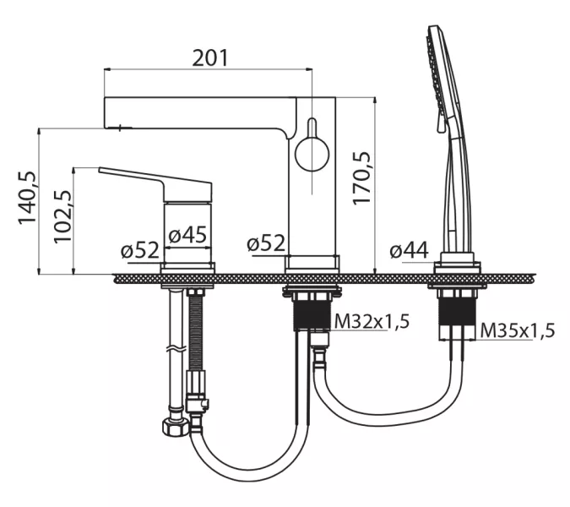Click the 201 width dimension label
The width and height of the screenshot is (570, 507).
(x=209, y=57)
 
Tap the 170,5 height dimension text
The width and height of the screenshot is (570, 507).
(x=362, y=177)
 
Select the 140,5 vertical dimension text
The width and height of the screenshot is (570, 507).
(x=28, y=198)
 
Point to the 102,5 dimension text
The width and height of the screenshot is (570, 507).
(x=62, y=216)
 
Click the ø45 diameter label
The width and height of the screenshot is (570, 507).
(x=187, y=235)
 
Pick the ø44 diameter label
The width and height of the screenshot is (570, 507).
(x=410, y=250)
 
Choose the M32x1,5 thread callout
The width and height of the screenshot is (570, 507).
(x=372, y=321)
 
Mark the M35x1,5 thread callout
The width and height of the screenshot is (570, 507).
(x=518, y=330)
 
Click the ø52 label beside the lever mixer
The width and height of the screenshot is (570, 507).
(x=140, y=250)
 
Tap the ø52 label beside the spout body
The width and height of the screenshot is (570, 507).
(x=266, y=243)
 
